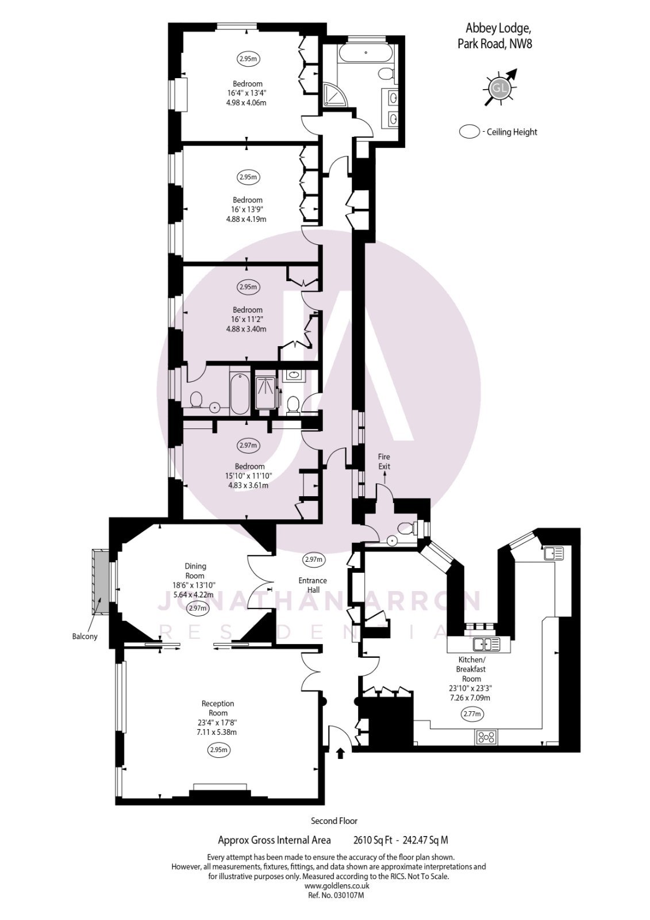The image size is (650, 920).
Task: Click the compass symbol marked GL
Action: (499, 87)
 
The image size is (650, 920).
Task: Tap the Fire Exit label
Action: (384, 461)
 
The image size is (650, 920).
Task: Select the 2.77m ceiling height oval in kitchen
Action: (472, 714)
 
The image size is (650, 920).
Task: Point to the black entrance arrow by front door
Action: (340, 752)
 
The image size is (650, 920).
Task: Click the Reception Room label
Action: (218, 708)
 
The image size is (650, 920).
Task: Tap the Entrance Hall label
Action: (313, 585)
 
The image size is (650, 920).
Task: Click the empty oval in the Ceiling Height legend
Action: (470, 132)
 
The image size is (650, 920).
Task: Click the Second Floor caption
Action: (334, 821)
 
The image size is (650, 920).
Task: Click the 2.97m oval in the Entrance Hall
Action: (314, 559)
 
